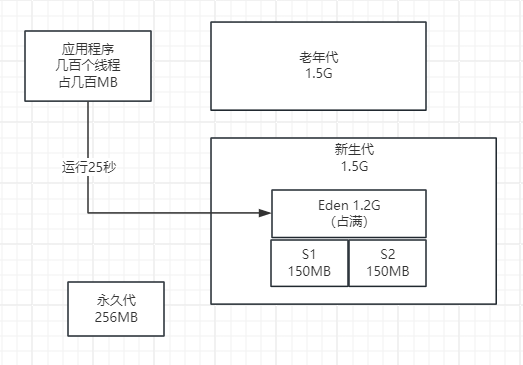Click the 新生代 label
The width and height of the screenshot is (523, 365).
(x=353, y=150)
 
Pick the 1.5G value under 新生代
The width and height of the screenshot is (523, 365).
(x=353, y=167)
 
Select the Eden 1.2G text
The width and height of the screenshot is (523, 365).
(x=348, y=204)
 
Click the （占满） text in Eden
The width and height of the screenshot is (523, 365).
(x=348, y=221)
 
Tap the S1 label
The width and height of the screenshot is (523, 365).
(x=309, y=254)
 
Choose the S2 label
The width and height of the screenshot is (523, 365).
(x=387, y=254)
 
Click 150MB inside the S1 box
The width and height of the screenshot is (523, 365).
(x=309, y=271)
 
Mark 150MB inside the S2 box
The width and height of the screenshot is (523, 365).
(x=387, y=271)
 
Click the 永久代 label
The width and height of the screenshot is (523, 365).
(x=115, y=300)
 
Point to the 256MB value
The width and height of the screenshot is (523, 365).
(x=115, y=317)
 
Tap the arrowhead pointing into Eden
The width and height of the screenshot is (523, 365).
(x=266, y=212)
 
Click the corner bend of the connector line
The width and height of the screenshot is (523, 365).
(x=88, y=212)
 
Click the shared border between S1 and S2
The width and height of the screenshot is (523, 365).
(x=348, y=263)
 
